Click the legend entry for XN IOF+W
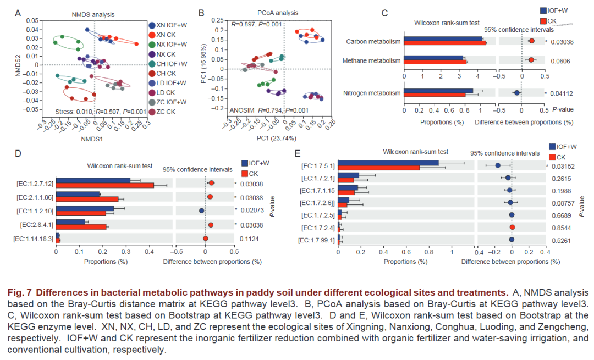click(x=168, y=25)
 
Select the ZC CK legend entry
click(x=166, y=112)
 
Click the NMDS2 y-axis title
click(x=18, y=65)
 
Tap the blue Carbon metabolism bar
click(x=443, y=38)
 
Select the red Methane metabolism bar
click(x=435, y=62)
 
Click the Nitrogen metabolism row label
click(x=371, y=93)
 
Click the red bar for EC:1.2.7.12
click(x=105, y=185)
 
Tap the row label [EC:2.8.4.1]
click(x=35, y=224)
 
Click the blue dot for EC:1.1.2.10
click(x=202, y=211)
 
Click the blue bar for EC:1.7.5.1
click(x=388, y=163)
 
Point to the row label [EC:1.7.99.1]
click(x=317, y=240)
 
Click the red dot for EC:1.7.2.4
click(x=512, y=227)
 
